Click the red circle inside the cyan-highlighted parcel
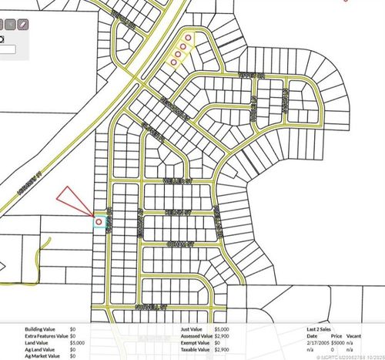click(99, 221)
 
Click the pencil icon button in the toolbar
click(23, 25)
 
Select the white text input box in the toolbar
click(8, 49)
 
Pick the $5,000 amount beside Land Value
click(78, 342)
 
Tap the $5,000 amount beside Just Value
click(221, 329)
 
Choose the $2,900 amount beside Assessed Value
click(221, 336)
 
